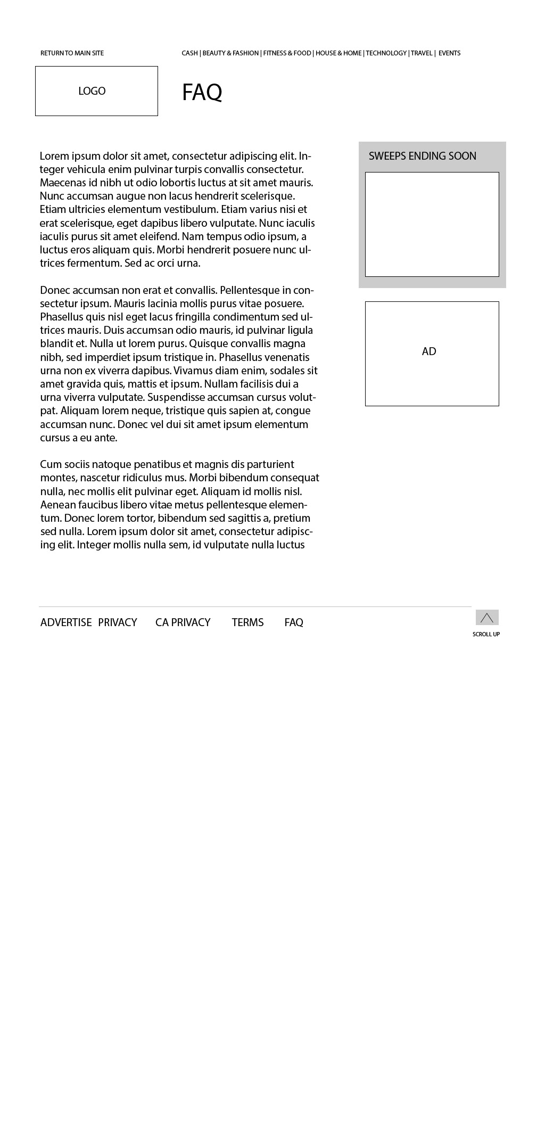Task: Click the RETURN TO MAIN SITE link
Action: (x=72, y=53)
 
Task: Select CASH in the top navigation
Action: (x=189, y=53)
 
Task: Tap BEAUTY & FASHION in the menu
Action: (x=230, y=53)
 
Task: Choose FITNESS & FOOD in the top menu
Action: (x=287, y=53)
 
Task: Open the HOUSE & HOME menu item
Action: (x=338, y=53)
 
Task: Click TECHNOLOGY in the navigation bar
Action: (x=386, y=53)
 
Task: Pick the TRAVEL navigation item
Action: (x=422, y=53)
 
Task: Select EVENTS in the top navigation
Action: (x=449, y=53)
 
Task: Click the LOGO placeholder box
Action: (x=96, y=91)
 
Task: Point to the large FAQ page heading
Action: (x=202, y=92)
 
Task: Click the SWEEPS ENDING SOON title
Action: (x=422, y=156)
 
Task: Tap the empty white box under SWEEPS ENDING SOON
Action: (x=432, y=224)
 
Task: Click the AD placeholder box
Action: (x=432, y=354)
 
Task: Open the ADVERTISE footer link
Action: (x=66, y=622)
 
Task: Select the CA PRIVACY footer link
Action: (x=183, y=622)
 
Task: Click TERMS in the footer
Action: (x=247, y=622)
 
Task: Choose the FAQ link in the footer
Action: (x=294, y=622)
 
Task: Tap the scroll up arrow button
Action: (x=486, y=618)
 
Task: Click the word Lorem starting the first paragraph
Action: (x=54, y=156)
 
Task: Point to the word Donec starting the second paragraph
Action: (x=55, y=290)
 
